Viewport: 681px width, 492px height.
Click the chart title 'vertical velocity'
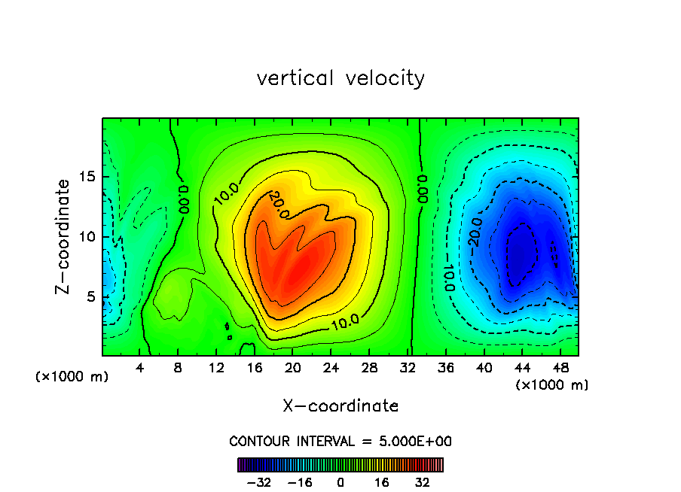click(x=340, y=78)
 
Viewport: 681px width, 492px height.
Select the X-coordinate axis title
click(x=340, y=406)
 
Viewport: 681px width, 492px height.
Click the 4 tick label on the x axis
click(x=140, y=368)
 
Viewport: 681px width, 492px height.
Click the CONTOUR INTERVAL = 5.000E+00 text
click(x=340, y=441)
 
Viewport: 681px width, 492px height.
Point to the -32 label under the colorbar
click(x=258, y=482)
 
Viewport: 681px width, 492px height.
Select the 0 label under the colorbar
click(x=340, y=482)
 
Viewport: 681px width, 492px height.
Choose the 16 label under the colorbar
click(x=383, y=482)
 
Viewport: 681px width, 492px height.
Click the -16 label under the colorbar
click(x=300, y=482)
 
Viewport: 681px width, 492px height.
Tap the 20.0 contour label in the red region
click(x=278, y=205)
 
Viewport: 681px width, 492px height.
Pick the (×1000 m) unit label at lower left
click(x=72, y=377)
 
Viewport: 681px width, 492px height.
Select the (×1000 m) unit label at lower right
click(x=552, y=385)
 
